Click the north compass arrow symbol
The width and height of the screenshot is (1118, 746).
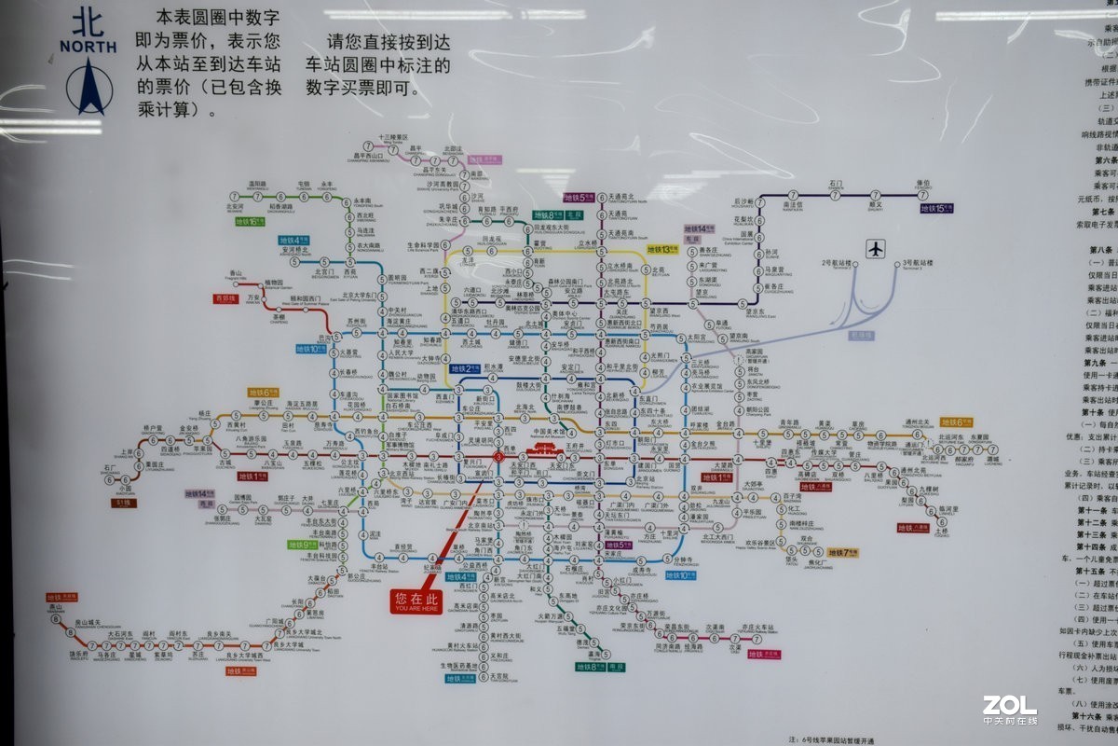[90, 86]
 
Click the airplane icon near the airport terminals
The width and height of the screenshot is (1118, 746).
[875, 249]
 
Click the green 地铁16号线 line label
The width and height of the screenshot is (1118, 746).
[251, 222]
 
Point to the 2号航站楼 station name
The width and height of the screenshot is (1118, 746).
[837, 264]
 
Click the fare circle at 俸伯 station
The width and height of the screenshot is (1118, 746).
[922, 195]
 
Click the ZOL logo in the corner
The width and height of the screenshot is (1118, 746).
[1009, 707]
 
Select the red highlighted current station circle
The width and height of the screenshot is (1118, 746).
[498, 457]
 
